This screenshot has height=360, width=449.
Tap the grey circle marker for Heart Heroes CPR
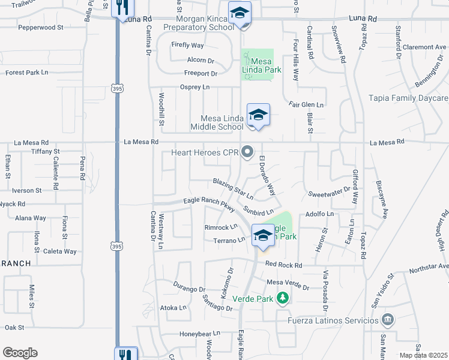247,152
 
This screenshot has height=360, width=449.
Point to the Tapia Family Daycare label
408,98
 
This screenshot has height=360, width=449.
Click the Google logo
20,353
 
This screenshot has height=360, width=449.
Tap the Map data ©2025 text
424,355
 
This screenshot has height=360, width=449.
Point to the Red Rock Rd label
283,264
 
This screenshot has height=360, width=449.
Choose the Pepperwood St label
41,28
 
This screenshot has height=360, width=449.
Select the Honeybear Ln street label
200,334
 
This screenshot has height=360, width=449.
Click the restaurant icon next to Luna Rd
124,8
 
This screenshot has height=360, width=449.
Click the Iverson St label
26,190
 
